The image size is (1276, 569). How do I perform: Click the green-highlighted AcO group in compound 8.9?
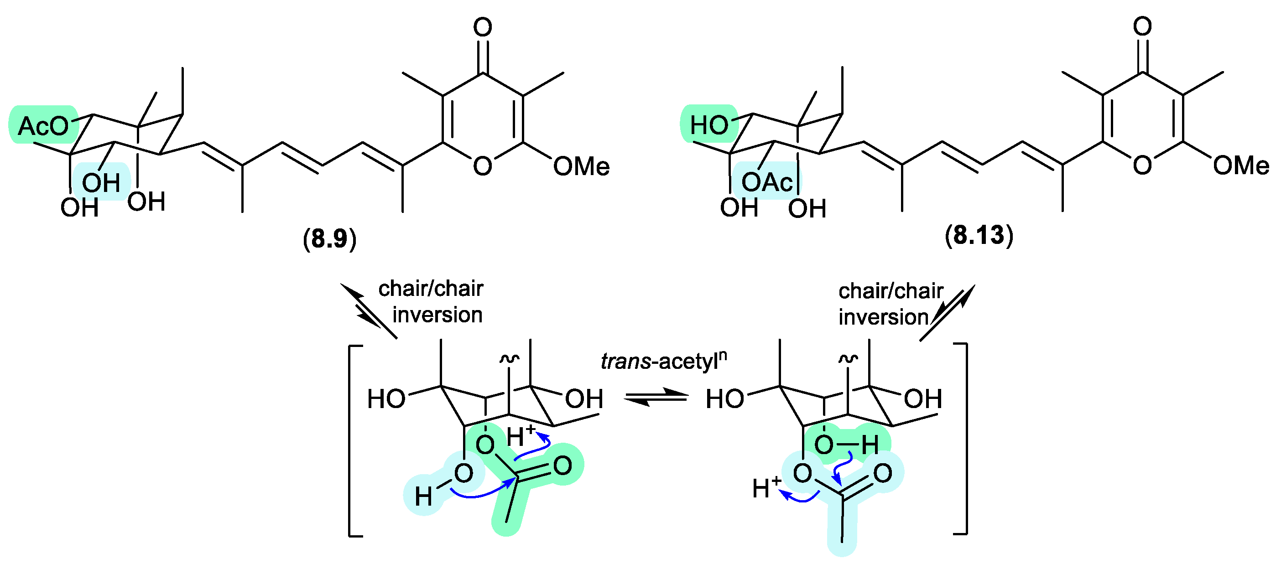point(44,126)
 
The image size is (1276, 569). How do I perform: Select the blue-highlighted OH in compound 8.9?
point(101,182)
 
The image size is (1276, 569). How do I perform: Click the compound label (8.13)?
point(979,235)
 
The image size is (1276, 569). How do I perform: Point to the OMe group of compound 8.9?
point(581,166)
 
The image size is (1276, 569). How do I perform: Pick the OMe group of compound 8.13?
point(1241,166)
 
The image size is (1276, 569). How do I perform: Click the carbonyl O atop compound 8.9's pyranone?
point(483,27)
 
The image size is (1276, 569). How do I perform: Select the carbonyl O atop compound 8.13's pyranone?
point(1142,26)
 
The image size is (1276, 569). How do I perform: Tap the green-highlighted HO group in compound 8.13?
point(709,125)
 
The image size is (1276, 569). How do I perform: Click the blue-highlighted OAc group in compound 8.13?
point(767,182)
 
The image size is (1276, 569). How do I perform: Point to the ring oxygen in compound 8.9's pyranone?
point(483,166)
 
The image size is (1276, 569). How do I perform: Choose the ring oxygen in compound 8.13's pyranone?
point(1142,165)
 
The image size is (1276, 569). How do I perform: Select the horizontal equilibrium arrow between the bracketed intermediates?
point(656,397)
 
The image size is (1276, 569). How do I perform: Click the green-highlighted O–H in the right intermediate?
point(846,444)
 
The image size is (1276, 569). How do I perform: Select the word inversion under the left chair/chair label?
point(437,315)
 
